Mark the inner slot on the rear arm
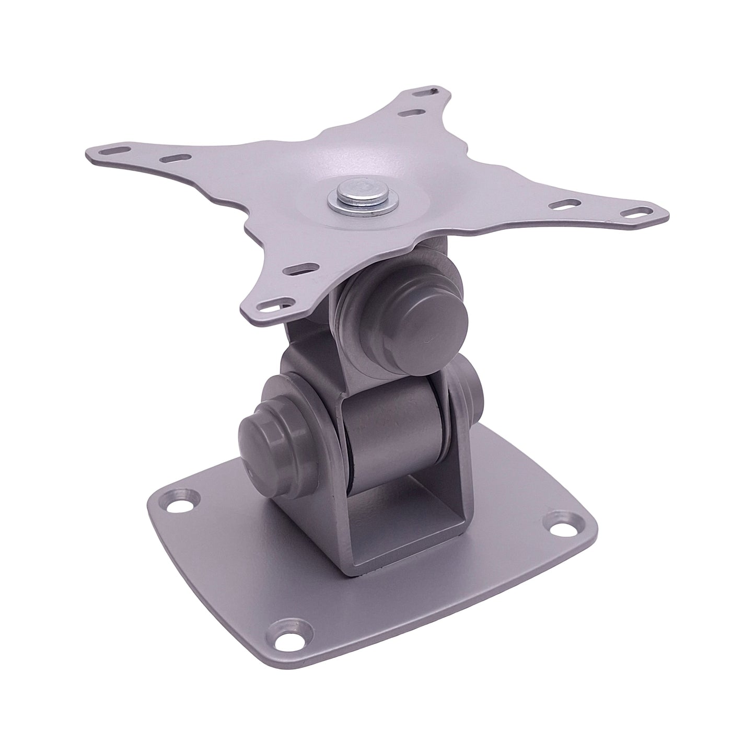click(x=409, y=112)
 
